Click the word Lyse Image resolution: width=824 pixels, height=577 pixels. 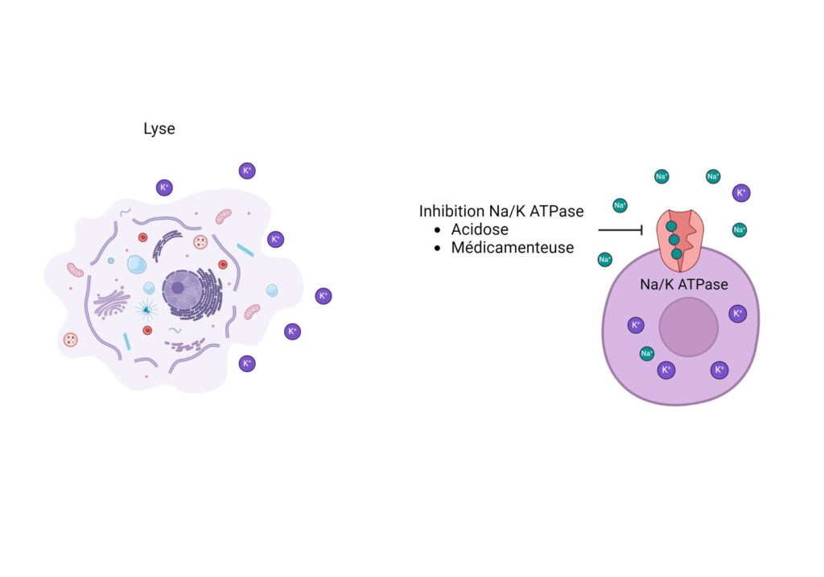[159, 129]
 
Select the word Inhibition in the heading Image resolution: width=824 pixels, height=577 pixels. [451, 212]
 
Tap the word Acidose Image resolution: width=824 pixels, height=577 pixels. [480, 229]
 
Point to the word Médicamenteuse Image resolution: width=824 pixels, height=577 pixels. [513, 248]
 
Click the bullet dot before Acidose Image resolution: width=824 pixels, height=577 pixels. [437, 230]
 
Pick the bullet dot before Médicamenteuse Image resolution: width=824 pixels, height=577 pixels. [437, 248]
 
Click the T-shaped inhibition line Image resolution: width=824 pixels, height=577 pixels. [620, 229]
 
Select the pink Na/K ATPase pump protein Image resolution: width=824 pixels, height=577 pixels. [679, 240]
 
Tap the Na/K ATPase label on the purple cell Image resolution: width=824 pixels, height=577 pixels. [684, 284]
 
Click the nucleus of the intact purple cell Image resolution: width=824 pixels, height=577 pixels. [689, 327]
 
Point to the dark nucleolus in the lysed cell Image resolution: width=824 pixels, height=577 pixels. [178, 287]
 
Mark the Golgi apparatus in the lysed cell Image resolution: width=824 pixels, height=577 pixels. [111, 303]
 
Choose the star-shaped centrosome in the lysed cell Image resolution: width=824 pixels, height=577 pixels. [146, 310]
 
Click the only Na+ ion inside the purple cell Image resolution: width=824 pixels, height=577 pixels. [646, 353]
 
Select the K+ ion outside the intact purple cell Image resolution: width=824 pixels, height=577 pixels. [741, 193]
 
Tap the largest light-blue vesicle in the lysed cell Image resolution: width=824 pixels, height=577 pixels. [137, 264]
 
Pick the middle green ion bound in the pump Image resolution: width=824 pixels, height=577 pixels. [674, 240]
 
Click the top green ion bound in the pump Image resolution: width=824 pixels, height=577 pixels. [671, 226]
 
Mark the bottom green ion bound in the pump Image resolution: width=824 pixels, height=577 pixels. [676, 253]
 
